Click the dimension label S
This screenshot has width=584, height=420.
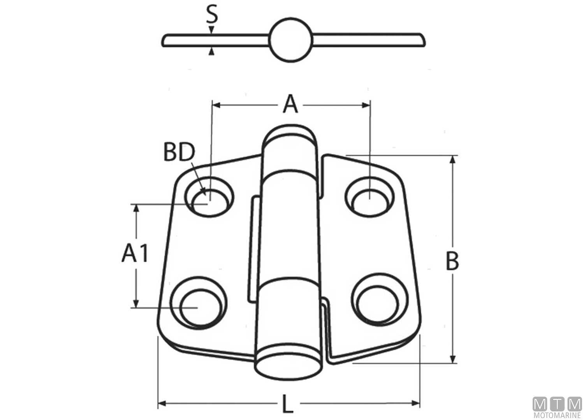pyautogui.click(x=211, y=15)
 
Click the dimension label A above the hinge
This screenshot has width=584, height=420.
pyautogui.click(x=290, y=105)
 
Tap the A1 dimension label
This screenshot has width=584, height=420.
pyautogui.click(x=135, y=254)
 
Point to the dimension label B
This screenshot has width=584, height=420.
pyautogui.click(x=452, y=261)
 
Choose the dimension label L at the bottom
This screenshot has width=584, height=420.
pyautogui.click(x=287, y=404)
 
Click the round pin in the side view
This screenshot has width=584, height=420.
pyautogui.click(x=291, y=40)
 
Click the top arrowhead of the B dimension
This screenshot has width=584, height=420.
pyautogui.click(x=452, y=159)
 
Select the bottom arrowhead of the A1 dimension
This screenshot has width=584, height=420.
pyautogui.click(x=136, y=303)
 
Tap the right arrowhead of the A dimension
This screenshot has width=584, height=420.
pyautogui.click(x=366, y=105)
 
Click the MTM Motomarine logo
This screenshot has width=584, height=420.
pyautogui.click(x=557, y=407)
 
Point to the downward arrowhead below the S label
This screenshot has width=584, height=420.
pyautogui.click(x=211, y=30)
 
